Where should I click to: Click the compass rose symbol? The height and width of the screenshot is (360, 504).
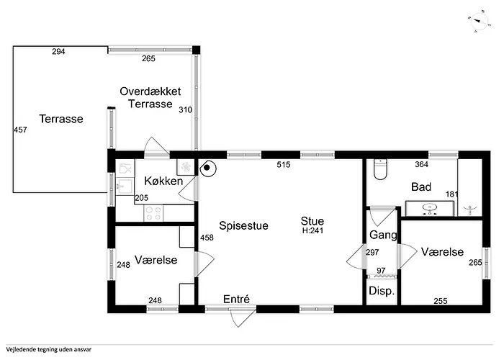point(479,22)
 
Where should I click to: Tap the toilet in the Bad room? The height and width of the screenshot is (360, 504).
point(381,169)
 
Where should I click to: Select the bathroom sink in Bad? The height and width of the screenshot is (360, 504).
point(429,209)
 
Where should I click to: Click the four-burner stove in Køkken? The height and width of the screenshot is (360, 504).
point(153,213)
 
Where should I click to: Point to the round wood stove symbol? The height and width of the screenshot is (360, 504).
point(207,168)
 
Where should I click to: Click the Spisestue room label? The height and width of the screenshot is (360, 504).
point(243,225)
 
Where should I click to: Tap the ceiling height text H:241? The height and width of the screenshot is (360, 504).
point(312,230)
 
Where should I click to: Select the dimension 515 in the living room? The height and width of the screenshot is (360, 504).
point(284,165)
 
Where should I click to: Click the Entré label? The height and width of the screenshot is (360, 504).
point(236,300)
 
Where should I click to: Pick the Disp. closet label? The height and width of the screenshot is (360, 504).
point(382,291)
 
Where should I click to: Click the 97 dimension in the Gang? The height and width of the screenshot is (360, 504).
point(381,271)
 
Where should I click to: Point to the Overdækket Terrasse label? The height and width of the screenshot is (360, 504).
point(150,97)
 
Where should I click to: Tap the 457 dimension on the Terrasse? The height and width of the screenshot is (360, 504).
point(20,130)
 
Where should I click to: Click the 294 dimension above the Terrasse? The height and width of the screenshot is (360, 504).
point(58,51)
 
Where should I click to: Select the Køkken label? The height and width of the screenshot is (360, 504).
point(163,181)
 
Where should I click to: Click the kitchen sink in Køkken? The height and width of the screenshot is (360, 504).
point(124,186)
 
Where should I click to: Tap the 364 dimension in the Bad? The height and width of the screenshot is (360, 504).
point(421,165)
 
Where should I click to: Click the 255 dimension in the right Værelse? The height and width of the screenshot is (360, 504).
point(441,301)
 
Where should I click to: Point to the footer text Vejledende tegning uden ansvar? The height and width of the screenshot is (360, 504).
point(48,349)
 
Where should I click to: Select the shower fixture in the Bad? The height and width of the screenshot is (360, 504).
point(470,210)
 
